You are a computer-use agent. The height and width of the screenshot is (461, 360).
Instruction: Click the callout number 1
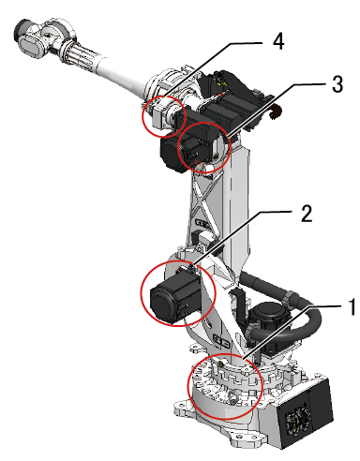click(352, 306)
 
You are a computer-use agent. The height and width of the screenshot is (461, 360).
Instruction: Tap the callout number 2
click(307, 214)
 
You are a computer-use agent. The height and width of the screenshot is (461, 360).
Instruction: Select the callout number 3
click(337, 83)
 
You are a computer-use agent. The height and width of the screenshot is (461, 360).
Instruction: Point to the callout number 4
click(278, 41)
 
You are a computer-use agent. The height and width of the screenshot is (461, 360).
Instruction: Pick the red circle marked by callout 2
click(142, 293)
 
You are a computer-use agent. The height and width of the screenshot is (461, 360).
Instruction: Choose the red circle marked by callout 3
click(178, 147)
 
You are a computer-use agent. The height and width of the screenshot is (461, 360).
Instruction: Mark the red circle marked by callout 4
click(143, 116)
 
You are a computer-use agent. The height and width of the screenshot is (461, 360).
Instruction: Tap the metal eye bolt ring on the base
click(232, 397)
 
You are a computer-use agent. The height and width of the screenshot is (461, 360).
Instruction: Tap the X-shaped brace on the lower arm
click(203, 199)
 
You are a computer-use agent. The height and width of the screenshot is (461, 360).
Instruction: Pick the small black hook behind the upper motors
click(276, 112)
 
